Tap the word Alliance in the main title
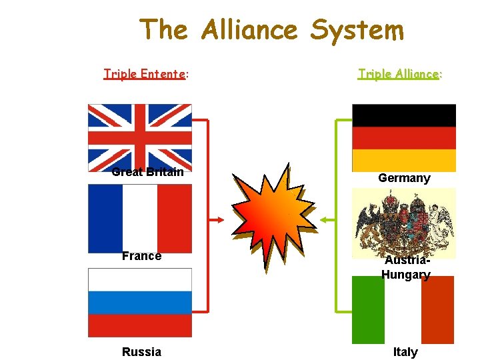pyautogui.click(x=249, y=30)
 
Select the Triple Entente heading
pyautogui.click(x=145, y=74)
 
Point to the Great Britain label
pyautogui.click(x=147, y=172)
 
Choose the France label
pyautogui.click(x=141, y=256)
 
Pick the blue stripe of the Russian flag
pyautogui.click(x=140, y=303)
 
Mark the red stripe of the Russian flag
pyautogui.click(x=140, y=325)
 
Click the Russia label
pyautogui.click(x=141, y=351)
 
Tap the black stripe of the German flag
pyautogui.click(x=404, y=115)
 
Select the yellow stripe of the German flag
pyautogui.click(x=404, y=161)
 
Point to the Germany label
pyautogui.click(x=404, y=178)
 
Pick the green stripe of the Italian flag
pyautogui.click(x=368, y=310)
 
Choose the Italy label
pyautogui.click(x=405, y=352)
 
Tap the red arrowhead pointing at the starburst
pyautogui.click(x=220, y=219)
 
